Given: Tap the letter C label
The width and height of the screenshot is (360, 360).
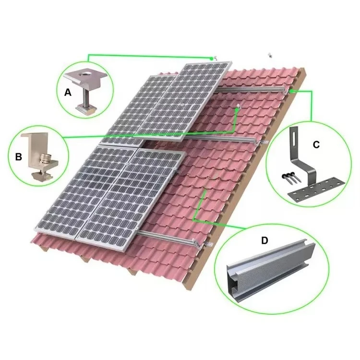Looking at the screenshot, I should (315, 144).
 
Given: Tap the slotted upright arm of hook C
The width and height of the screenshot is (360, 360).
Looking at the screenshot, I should (293, 144).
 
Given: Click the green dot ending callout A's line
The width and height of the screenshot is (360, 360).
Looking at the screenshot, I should (212, 58).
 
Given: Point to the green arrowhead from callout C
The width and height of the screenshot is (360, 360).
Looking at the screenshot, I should (291, 90).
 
